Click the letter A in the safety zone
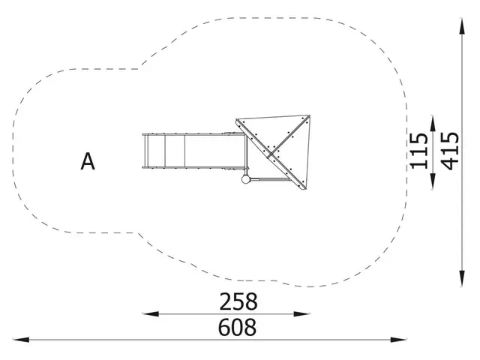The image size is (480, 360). (88, 161)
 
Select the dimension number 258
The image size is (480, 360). (238, 301)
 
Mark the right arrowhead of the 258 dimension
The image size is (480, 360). (307, 314)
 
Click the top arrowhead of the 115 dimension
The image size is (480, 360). (433, 119)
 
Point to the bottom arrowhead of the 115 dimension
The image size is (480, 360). (433, 186)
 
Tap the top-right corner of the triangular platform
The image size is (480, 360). (309, 117)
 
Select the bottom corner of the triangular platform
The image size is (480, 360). (304, 190)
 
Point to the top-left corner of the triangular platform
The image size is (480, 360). (237, 120)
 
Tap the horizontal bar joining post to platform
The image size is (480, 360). (262, 178)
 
